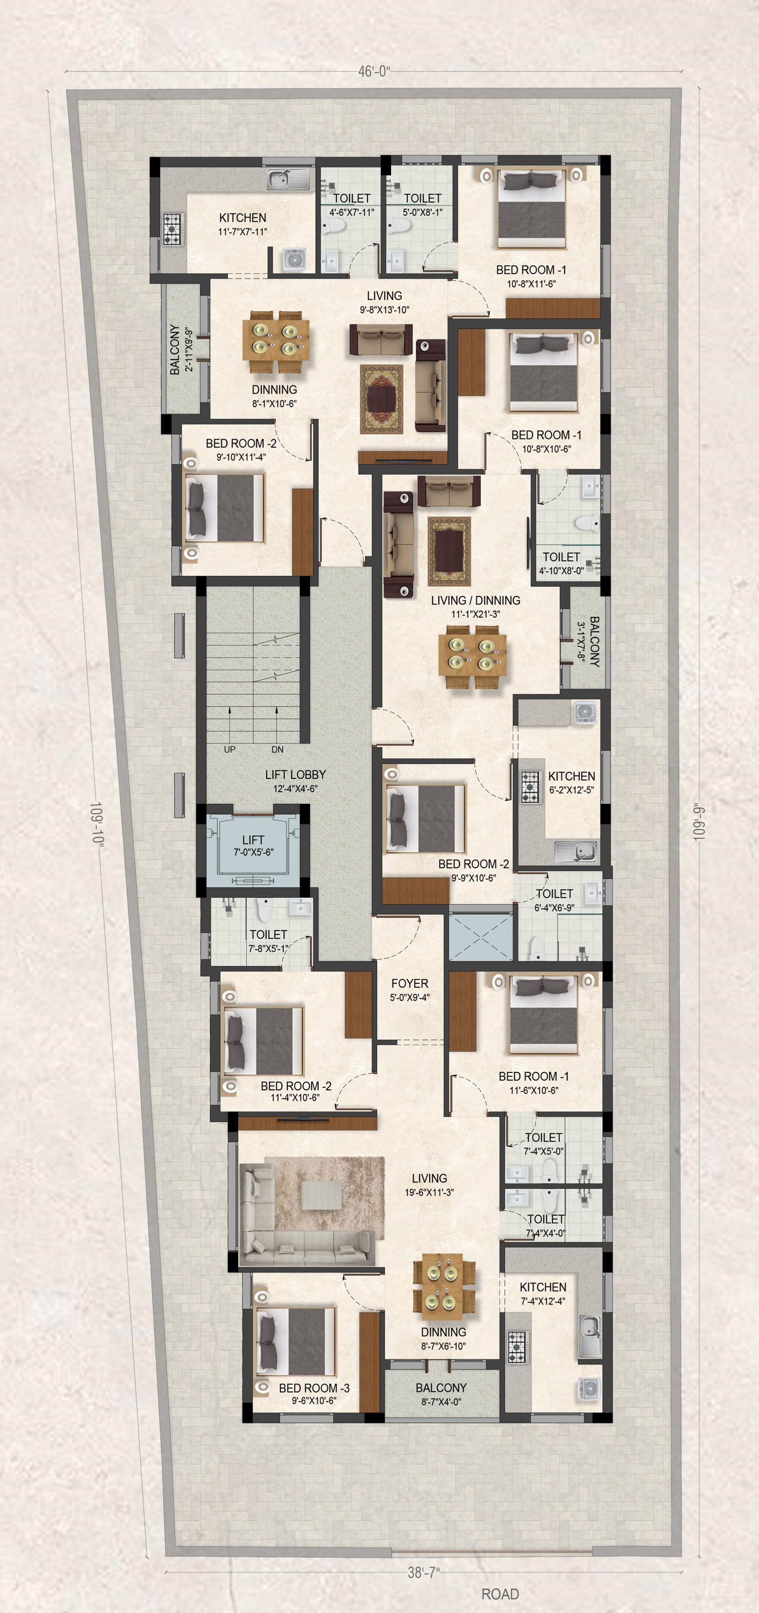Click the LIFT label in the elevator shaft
(x=253, y=840)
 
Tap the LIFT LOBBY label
(x=295, y=775)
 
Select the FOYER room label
(x=409, y=984)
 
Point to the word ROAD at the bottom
(x=500, y=1594)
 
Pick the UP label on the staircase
(x=230, y=750)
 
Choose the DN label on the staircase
(x=277, y=750)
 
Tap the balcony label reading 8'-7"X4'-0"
(x=441, y=1402)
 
